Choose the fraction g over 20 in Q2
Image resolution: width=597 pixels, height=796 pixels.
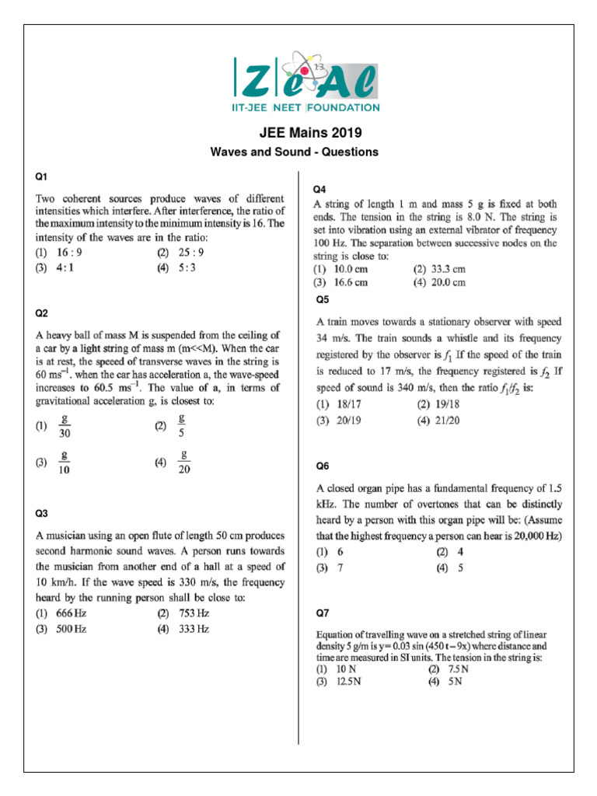pos(185,461)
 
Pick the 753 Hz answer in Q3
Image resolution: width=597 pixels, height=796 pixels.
pos(193,613)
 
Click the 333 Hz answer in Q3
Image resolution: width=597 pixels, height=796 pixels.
pos(193,629)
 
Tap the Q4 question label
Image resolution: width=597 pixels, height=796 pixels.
pos(319,190)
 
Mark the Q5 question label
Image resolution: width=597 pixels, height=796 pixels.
pos(322,299)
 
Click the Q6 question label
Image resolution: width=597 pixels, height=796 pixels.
pos(322,466)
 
